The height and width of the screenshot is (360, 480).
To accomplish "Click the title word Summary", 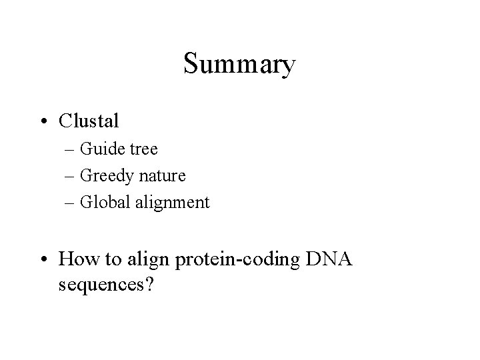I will [239, 65].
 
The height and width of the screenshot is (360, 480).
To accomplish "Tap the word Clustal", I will [89, 121].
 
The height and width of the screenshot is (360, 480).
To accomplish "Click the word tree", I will [144, 149].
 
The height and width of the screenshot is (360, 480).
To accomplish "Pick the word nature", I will [162, 176].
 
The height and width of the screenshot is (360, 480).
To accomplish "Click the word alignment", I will [171, 203].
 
